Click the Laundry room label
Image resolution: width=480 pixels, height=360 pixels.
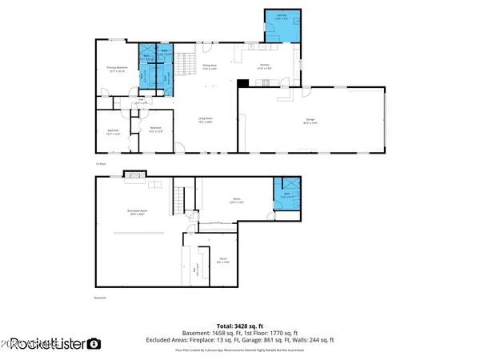(281, 16)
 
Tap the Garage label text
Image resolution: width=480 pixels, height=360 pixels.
(310, 122)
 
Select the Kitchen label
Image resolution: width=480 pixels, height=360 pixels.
(264, 66)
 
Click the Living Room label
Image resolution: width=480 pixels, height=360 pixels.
(205, 120)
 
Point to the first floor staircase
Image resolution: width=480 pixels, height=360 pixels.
(185, 62)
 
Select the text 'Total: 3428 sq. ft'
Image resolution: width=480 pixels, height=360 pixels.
(239, 326)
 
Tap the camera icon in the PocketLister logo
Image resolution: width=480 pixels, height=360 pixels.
(94, 344)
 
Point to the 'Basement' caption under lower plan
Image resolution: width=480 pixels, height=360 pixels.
(100, 298)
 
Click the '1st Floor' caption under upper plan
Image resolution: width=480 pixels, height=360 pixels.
(100, 163)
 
